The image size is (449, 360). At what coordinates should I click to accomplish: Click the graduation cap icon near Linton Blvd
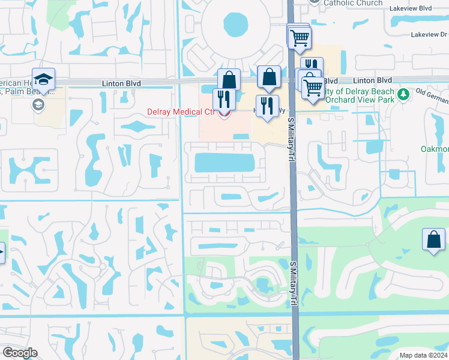pos(43,80)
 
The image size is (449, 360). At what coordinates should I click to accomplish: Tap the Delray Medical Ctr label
pos(180,112)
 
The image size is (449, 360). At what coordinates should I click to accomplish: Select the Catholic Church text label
pos(352,3)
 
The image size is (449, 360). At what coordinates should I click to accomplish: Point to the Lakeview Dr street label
pos(429,35)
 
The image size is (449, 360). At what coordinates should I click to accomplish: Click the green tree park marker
pos(404,94)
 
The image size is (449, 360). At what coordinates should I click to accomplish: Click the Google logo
pos(20,352)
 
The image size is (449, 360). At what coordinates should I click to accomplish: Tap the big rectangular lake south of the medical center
pos(224,162)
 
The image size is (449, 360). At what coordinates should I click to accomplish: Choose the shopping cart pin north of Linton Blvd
pos(298,37)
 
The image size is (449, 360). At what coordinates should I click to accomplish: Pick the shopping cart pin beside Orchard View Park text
pos(313,88)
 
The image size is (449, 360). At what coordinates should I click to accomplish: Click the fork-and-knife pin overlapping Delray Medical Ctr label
pos(224,98)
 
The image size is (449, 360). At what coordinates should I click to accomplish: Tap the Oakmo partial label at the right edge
pos(435,149)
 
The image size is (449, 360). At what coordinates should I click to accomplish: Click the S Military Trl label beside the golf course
pos(294,282)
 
